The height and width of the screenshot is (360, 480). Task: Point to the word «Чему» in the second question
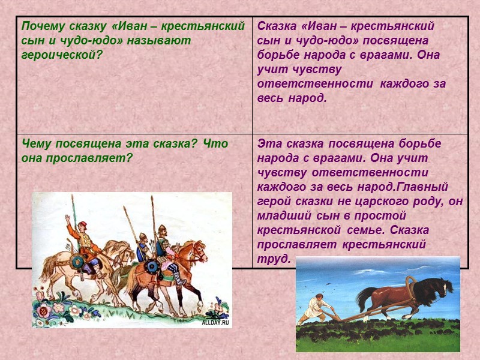[37, 144]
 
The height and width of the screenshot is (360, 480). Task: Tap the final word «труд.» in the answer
[274, 259]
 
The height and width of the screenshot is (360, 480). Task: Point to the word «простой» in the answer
[384, 215]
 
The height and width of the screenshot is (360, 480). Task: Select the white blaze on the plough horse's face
[447, 287]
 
